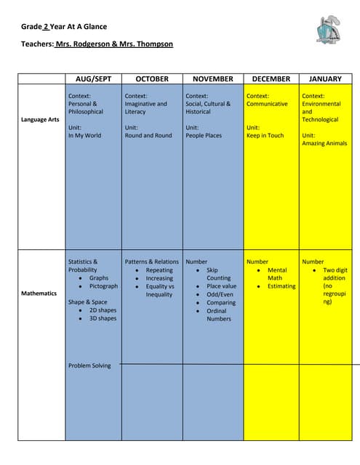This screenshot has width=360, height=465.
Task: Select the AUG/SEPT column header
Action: tap(93, 78)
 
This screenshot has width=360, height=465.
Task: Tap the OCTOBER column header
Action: tap(152, 78)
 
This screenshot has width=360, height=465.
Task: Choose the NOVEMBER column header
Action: tap(212, 78)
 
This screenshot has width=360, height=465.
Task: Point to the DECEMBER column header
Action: tap(271, 78)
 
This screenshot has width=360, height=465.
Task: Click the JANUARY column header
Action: tap(325, 78)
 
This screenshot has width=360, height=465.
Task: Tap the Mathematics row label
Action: tap(39, 294)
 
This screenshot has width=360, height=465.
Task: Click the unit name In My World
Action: tap(85, 135)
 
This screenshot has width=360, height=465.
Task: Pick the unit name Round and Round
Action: tap(148, 135)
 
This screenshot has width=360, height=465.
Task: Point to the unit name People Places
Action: tap(204, 135)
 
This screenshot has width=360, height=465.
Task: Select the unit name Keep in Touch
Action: tap(265, 135)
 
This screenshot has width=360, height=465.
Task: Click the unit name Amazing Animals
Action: tap(324, 143)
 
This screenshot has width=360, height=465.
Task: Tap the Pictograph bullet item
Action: tap(103, 286)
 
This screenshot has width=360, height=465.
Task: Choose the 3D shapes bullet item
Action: tap(103, 318)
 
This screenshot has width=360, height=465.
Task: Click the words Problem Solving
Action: tap(89, 365)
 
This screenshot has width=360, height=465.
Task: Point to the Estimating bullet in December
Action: tap(281, 286)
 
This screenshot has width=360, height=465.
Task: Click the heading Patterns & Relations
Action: tap(151, 262)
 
